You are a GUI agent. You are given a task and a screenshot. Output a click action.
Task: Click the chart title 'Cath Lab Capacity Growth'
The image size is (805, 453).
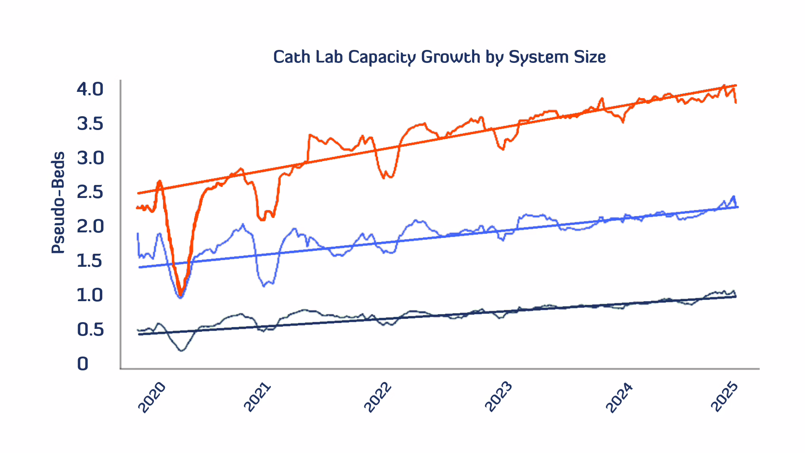(x=439, y=57)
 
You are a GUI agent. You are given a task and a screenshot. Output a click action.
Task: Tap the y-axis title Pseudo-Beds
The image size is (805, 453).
(x=58, y=203)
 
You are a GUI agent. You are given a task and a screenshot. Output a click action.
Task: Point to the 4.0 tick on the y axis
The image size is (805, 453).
(x=90, y=89)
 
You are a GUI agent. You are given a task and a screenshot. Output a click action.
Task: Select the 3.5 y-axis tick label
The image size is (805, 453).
(x=90, y=124)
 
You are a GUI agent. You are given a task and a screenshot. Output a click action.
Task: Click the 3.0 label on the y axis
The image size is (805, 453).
(x=90, y=158)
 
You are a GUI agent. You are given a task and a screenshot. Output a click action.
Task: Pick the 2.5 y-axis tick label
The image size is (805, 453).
(x=90, y=192)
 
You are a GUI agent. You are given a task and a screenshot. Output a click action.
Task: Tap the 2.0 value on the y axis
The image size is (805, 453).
(x=90, y=226)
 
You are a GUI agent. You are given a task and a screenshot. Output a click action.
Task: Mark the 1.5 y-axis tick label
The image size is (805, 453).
(x=90, y=261)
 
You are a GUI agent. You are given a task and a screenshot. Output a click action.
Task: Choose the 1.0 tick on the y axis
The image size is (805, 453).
(x=90, y=295)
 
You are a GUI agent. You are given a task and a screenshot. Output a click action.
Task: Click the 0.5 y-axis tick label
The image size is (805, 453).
(x=90, y=330)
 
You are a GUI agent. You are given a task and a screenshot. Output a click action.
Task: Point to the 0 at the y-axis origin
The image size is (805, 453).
(x=83, y=364)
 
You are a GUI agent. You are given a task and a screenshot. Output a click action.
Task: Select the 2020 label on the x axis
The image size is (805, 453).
(x=152, y=398)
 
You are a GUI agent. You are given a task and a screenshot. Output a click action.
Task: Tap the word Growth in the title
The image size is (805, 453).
(x=450, y=57)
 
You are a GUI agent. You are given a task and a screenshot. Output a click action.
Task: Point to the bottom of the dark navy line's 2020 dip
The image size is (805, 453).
(x=181, y=350)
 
